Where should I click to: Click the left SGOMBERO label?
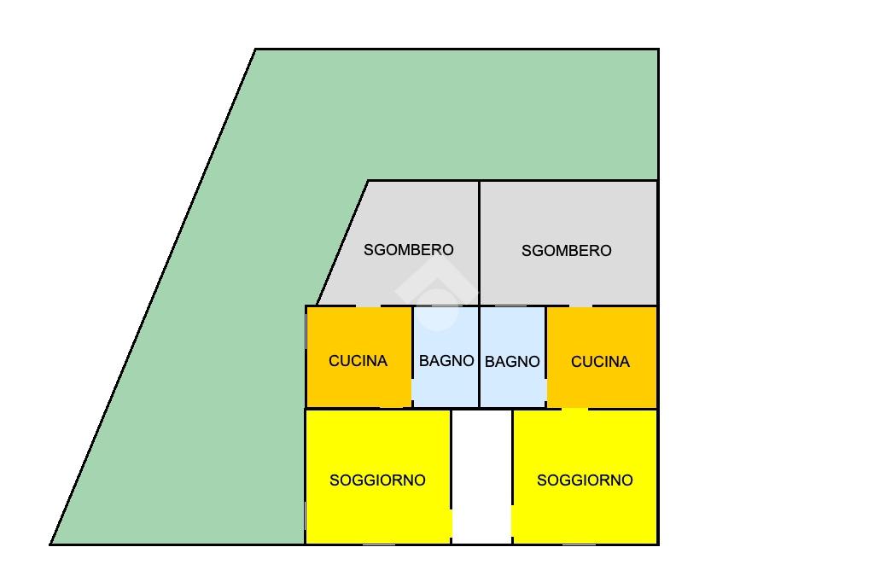point(409,250)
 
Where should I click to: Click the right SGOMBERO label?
point(567,251)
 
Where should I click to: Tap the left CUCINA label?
point(358,361)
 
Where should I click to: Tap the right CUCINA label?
point(600,362)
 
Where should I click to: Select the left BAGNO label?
point(446,361)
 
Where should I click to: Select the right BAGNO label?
point(512,362)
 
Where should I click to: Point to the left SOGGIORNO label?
point(377,480)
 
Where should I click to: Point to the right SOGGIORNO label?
point(585,480)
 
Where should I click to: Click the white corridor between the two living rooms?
point(481,477)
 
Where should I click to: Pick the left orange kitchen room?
point(359,357)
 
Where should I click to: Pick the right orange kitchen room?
point(602,357)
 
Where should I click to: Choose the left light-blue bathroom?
point(446,357)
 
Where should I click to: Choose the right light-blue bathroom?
point(513,357)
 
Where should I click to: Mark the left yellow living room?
point(378,477)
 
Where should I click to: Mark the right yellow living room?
point(585,477)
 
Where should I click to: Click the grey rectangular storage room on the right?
point(568,243)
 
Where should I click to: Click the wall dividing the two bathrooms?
point(480,357)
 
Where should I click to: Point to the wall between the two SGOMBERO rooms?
point(480,243)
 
